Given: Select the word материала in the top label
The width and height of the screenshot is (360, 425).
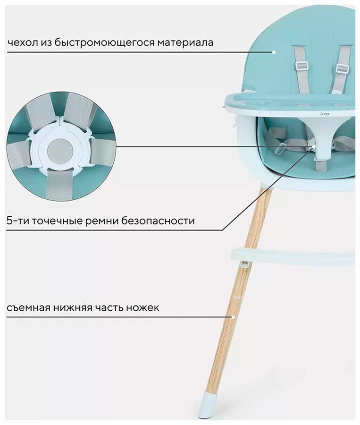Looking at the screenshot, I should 186,42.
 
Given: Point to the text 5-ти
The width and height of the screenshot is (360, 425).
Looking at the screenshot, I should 17,221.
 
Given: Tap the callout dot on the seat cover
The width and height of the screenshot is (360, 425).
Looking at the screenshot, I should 273,52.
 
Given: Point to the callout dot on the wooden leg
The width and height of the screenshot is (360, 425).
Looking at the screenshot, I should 233,317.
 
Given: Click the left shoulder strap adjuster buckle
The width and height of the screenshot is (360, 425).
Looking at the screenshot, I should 301,66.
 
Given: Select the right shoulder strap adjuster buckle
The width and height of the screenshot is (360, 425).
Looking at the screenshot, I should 342,68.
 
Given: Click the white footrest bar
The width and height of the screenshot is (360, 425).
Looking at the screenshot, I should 293,257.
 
